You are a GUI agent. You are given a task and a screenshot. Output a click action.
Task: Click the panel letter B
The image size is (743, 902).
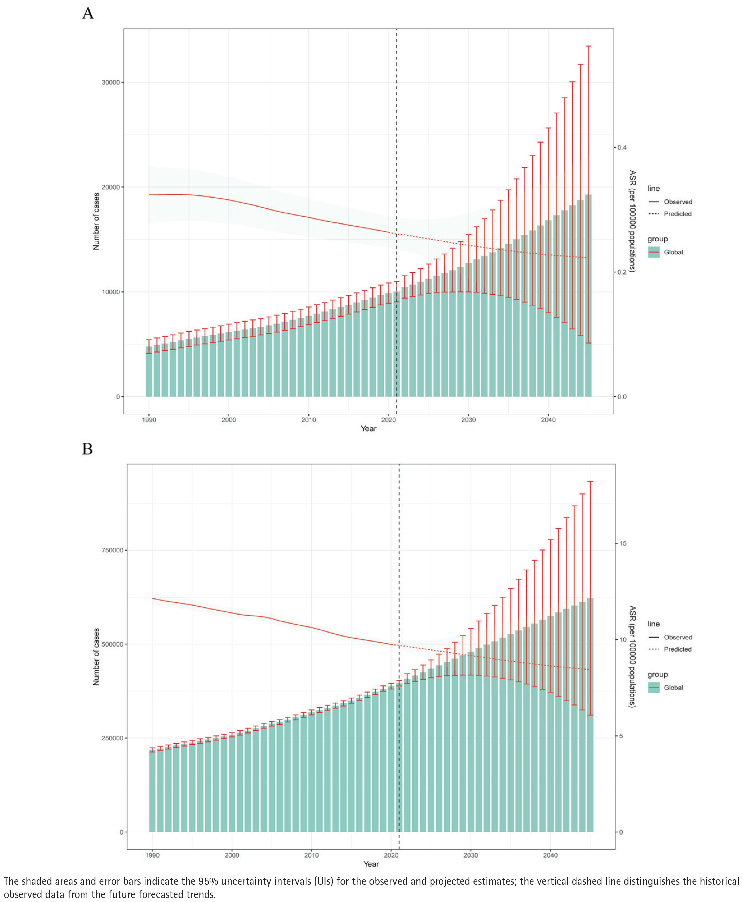click(87, 449)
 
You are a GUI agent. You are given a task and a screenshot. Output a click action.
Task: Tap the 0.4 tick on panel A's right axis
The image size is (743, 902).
click(621, 148)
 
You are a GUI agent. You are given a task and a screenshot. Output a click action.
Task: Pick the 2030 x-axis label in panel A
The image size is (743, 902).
click(468, 420)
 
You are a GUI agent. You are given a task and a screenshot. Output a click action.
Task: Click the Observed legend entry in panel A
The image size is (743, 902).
click(677, 202)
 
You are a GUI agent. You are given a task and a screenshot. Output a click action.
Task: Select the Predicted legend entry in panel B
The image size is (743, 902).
click(677, 649)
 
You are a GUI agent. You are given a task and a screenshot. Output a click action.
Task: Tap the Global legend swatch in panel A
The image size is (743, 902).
click(654, 252)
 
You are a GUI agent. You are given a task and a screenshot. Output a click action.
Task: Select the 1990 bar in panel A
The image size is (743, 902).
click(149, 372)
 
